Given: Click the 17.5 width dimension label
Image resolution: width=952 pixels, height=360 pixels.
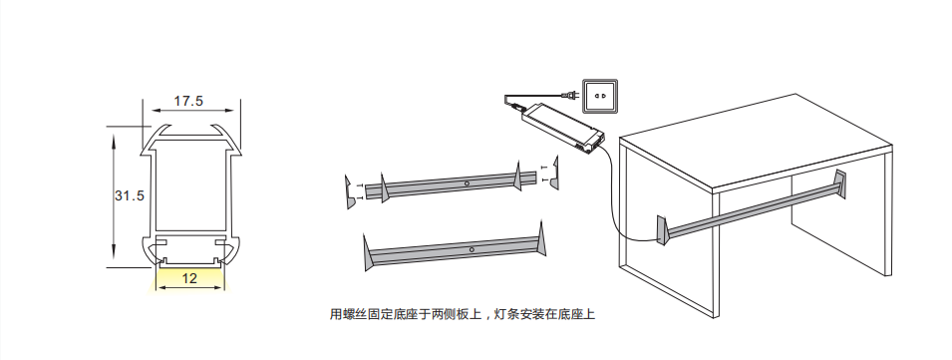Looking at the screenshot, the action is (188, 101).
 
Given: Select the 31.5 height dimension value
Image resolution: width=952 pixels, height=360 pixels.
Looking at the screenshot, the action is (130, 195).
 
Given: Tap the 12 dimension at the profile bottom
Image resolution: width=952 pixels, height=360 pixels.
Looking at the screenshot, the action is (189, 278).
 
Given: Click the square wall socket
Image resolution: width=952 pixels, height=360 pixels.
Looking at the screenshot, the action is (600, 96).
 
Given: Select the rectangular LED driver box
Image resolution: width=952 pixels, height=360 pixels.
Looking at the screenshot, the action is (563, 126).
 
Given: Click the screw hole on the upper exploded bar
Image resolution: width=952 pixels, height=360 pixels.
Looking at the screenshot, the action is (467, 182).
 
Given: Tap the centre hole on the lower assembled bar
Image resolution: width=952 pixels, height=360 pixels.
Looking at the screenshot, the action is (472, 249).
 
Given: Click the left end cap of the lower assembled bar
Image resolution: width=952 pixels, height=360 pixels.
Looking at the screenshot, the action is (368, 252).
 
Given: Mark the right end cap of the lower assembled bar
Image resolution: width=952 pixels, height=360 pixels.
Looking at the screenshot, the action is (541, 239).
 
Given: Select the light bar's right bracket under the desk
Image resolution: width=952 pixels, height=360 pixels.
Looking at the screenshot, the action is (840, 183).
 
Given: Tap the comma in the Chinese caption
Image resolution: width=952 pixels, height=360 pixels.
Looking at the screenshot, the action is (486, 318).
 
